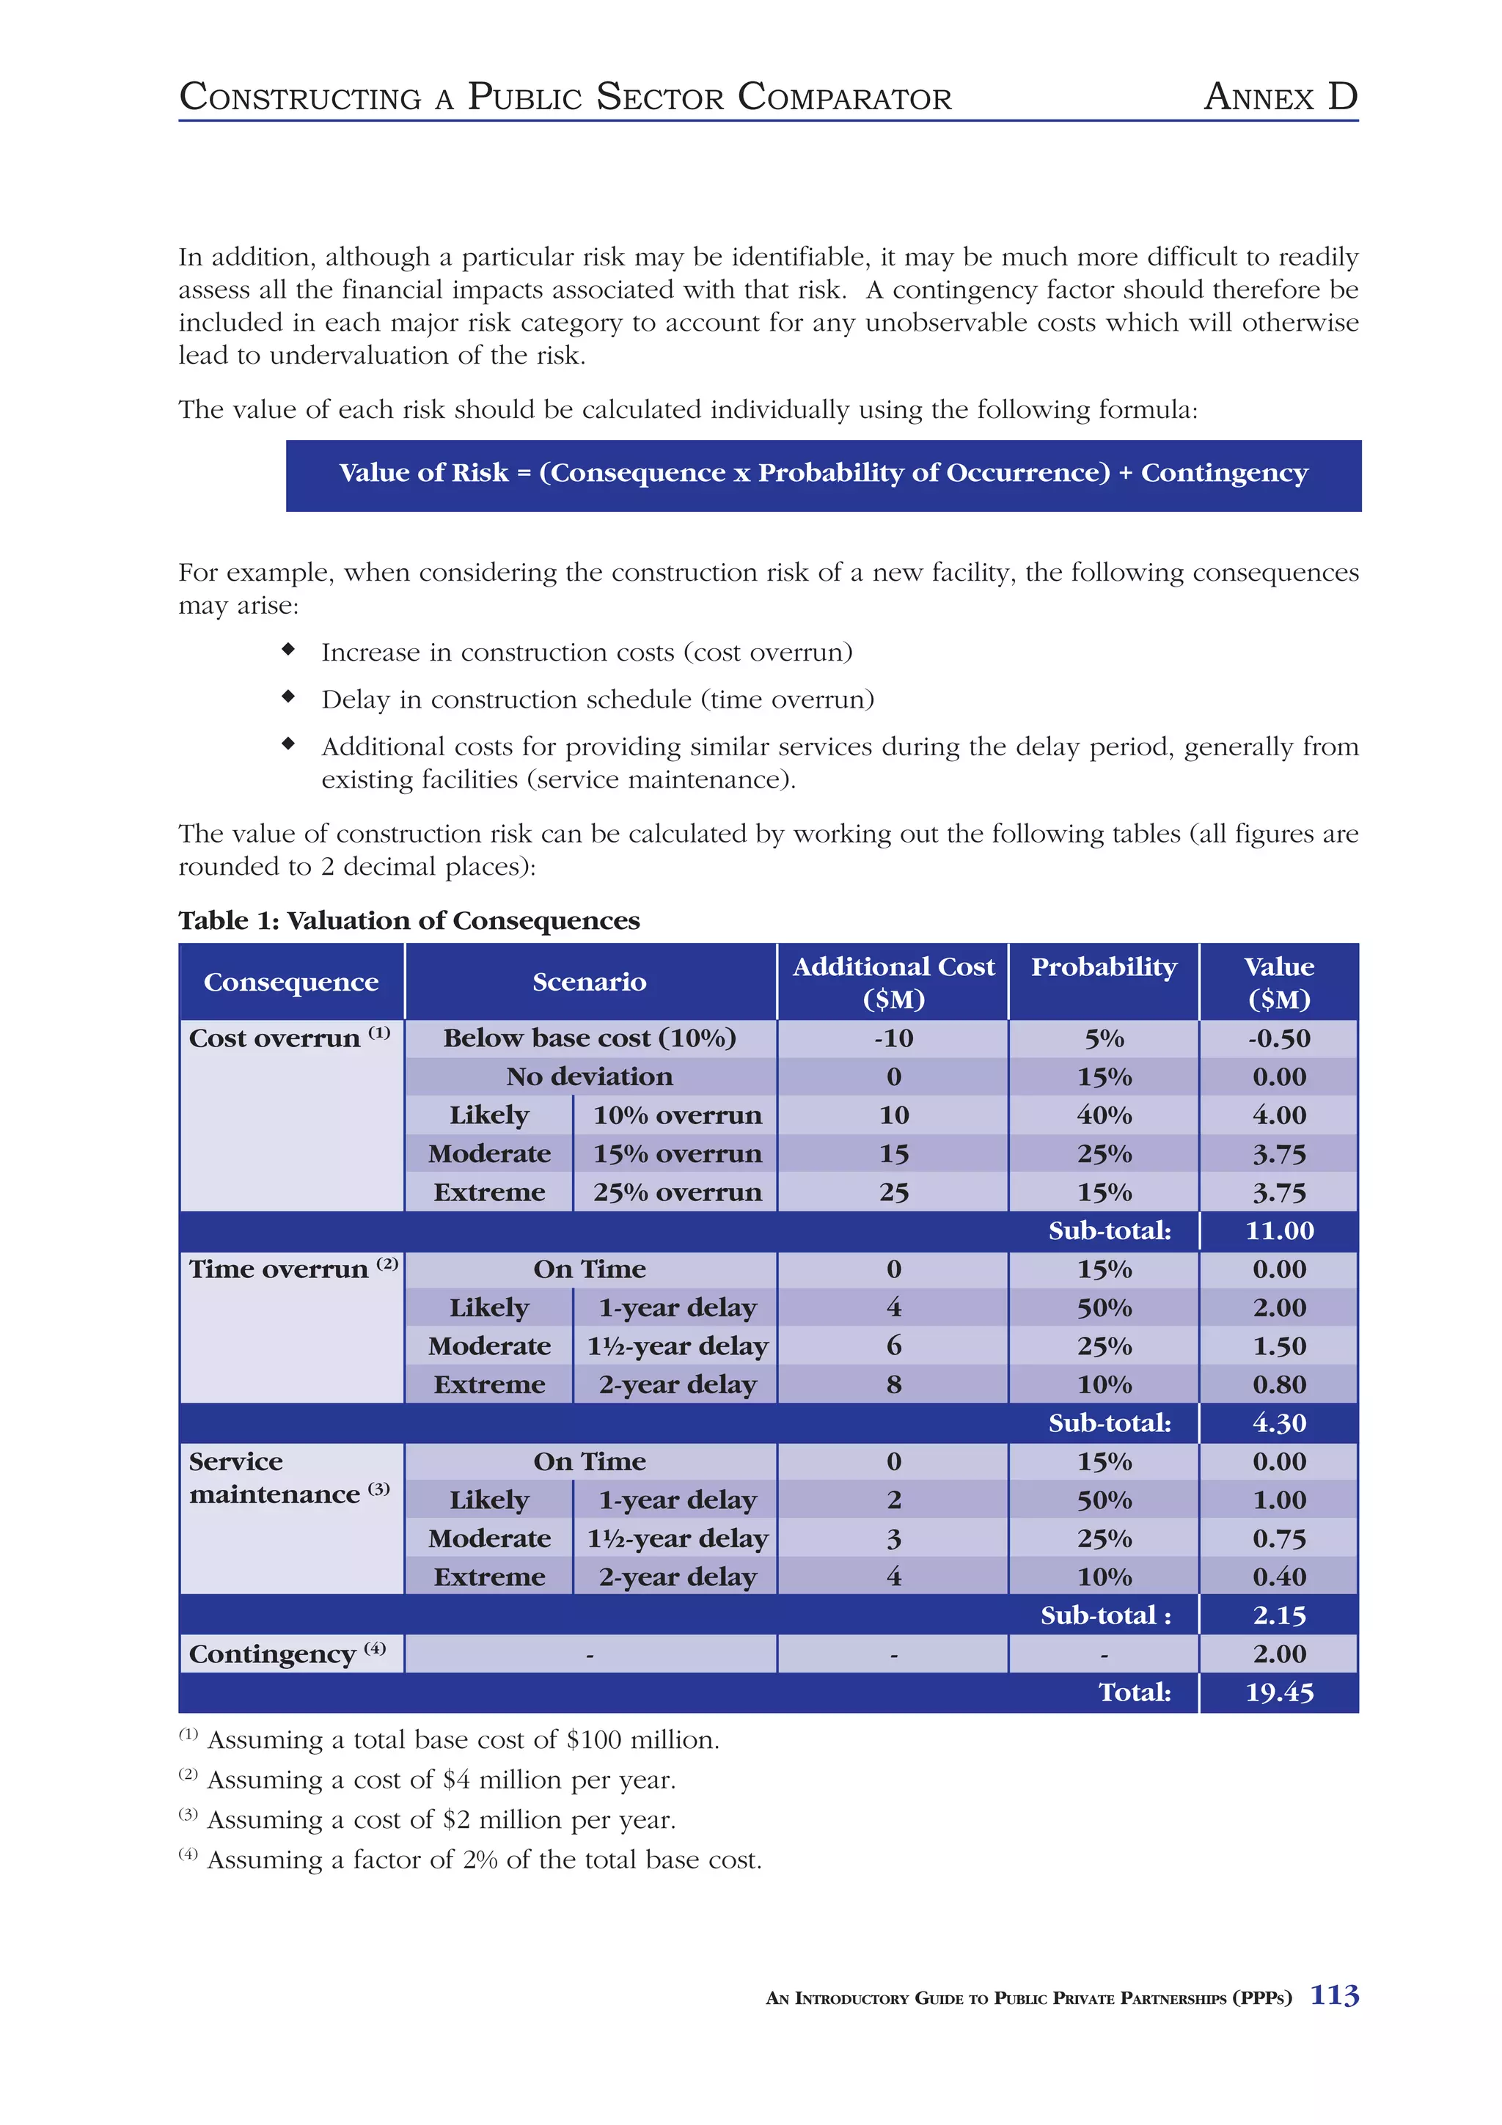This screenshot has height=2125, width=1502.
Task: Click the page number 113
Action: [x=1333, y=1994]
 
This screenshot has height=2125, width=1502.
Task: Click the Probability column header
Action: [x=1103, y=967]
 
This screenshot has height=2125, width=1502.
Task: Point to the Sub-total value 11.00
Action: [x=1279, y=1231]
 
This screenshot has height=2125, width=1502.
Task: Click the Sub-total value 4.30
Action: [x=1279, y=1423]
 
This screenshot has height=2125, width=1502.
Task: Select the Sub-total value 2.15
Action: [x=1279, y=1615]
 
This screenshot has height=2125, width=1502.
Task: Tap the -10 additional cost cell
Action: [x=893, y=1038]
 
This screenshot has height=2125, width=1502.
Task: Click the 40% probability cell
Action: [x=1103, y=1115]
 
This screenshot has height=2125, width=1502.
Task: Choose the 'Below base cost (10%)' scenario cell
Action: [x=590, y=1038]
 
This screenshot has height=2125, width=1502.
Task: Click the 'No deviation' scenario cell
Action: [x=590, y=1076]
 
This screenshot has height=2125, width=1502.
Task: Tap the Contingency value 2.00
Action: [x=1279, y=1654]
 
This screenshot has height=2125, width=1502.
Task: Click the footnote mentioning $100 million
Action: [x=463, y=1740]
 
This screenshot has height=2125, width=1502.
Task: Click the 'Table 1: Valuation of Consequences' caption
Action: [x=409, y=920]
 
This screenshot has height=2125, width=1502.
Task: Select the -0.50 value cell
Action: [x=1279, y=1038]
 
